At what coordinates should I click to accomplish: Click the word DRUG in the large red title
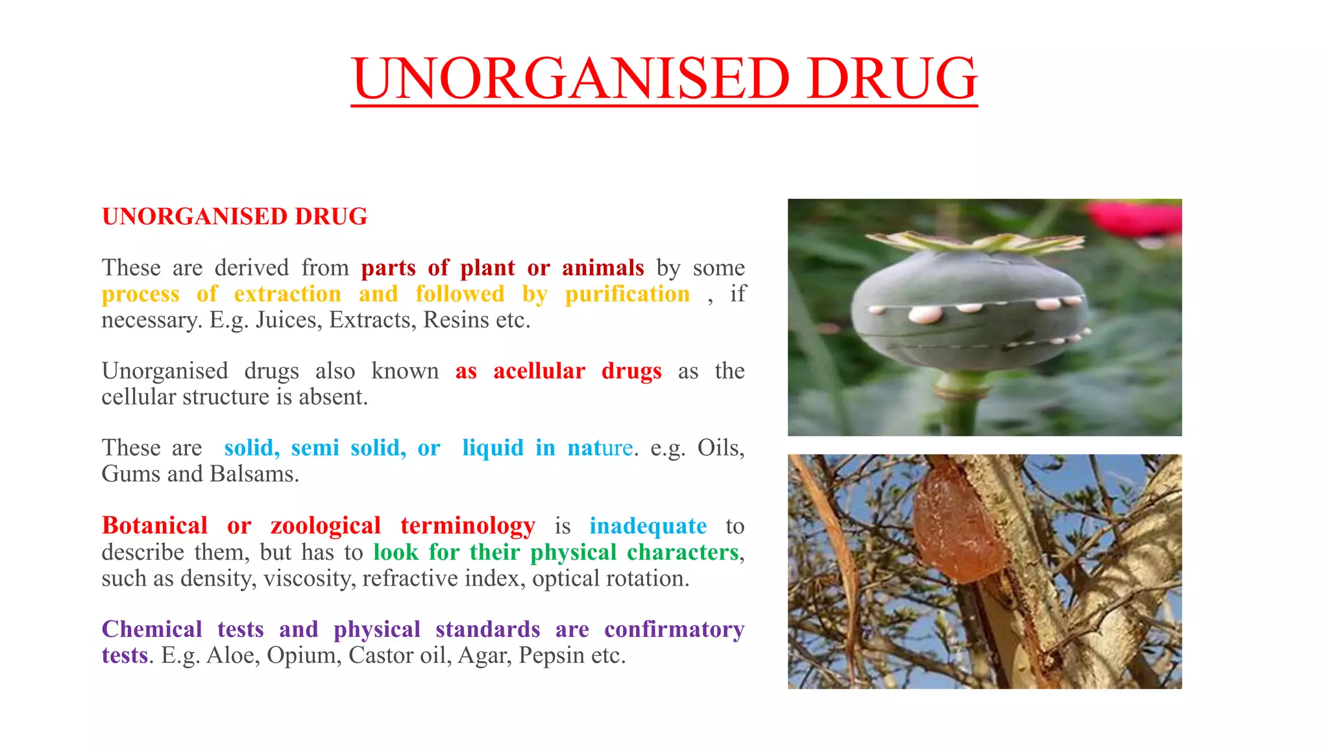892,78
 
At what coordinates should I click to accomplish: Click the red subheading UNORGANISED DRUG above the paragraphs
234,216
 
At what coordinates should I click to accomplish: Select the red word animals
603,268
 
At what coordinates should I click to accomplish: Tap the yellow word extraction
287,294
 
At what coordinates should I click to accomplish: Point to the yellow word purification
628,294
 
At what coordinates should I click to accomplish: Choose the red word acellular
539,371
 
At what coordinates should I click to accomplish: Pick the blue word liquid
493,448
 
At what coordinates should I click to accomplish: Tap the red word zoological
326,525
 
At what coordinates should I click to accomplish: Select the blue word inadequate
648,525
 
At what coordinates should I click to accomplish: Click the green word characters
683,552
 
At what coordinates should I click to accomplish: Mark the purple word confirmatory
674,629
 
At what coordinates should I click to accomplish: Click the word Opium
304,655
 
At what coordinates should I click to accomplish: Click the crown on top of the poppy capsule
973,242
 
